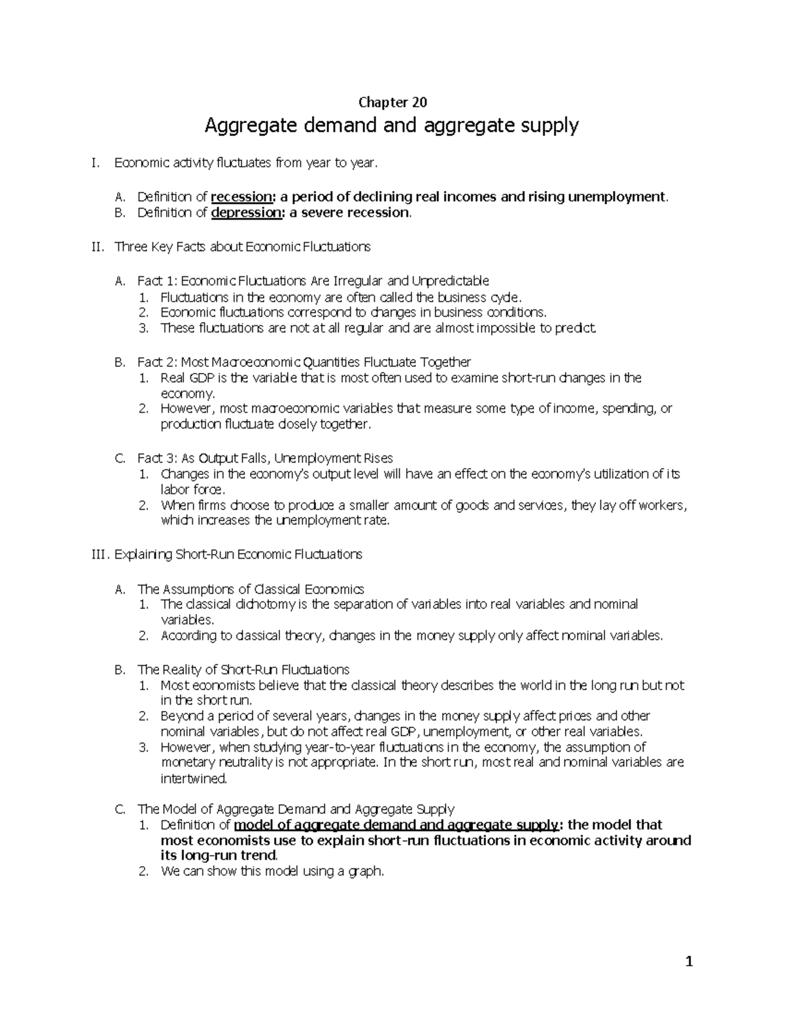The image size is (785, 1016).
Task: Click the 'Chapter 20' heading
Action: (392, 102)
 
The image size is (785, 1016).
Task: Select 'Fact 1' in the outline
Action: (155, 281)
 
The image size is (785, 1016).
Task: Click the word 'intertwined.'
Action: (194, 779)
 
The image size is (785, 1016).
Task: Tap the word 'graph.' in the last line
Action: (366, 871)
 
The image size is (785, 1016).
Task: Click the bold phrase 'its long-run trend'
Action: (218, 855)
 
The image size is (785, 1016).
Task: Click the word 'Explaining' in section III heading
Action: (143, 554)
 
